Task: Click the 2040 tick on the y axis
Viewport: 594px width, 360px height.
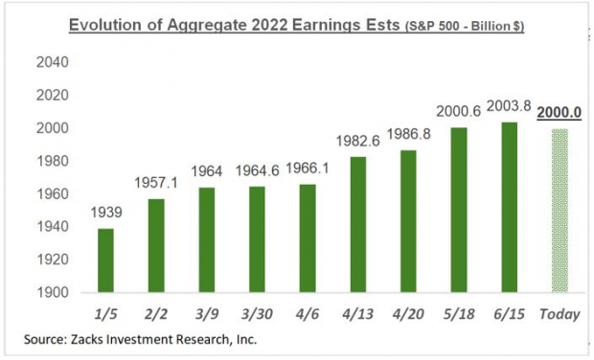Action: point(53,63)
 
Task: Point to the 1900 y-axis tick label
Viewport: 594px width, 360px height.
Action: point(53,292)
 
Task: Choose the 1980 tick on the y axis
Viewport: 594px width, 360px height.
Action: point(53,161)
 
